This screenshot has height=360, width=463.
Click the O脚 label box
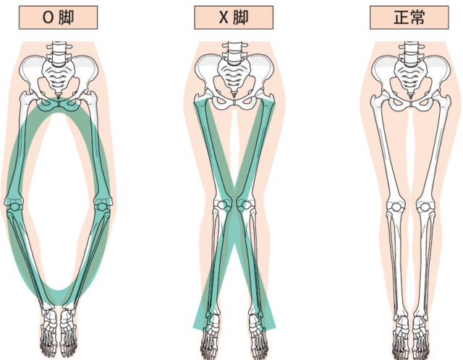coord(58,17)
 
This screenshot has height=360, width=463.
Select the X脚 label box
coord(234,17)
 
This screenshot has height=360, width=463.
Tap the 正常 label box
coord(409,17)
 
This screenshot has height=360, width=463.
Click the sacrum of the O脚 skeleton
coord(58,79)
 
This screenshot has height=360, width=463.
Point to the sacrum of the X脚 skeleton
coord(234,79)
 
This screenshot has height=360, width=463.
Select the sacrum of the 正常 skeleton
coord(410,79)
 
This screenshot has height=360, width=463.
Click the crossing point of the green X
coord(234,215)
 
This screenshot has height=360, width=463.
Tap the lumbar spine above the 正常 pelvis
coord(411,53)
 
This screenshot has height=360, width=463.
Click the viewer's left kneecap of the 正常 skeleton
coord(396,207)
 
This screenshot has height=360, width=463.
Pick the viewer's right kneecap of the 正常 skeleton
coord(425,207)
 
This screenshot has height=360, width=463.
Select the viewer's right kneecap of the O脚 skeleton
coord(102,206)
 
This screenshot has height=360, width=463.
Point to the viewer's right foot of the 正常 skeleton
coord(421,336)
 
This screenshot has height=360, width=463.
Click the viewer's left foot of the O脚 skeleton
coord(49,330)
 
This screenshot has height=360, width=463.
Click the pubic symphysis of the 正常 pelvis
coord(411,104)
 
